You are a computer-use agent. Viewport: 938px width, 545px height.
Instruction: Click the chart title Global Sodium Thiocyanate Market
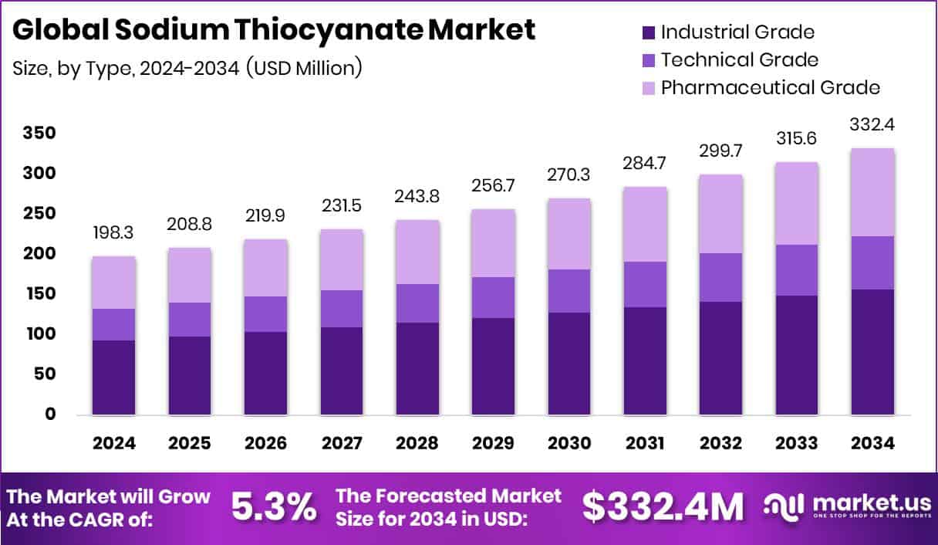click(x=273, y=29)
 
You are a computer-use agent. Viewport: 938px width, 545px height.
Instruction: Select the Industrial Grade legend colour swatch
click(x=648, y=32)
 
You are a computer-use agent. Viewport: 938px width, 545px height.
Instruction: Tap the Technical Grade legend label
click(x=739, y=59)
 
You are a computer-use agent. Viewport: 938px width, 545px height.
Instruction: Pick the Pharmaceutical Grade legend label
click(x=770, y=87)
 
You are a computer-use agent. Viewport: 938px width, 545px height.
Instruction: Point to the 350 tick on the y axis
click(x=39, y=134)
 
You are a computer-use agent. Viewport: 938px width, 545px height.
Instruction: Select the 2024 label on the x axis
click(x=113, y=443)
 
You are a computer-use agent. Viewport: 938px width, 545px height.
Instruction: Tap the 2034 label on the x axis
click(x=872, y=443)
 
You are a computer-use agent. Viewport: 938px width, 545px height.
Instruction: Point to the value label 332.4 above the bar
click(x=872, y=124)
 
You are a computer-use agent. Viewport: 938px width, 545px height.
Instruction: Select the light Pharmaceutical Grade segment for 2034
click(x=872, y=192)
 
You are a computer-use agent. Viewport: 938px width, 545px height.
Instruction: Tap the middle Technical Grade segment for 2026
click(x=265, y=314)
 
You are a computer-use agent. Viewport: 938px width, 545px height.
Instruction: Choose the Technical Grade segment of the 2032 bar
click(x=720, y=277)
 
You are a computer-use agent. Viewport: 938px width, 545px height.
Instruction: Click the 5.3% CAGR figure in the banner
click(x=274, y=507)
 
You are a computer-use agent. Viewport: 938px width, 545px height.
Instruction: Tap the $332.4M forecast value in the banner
click(x=663, y=507)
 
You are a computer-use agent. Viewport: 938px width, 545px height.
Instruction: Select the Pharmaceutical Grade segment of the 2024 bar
click(x=113, y=283)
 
